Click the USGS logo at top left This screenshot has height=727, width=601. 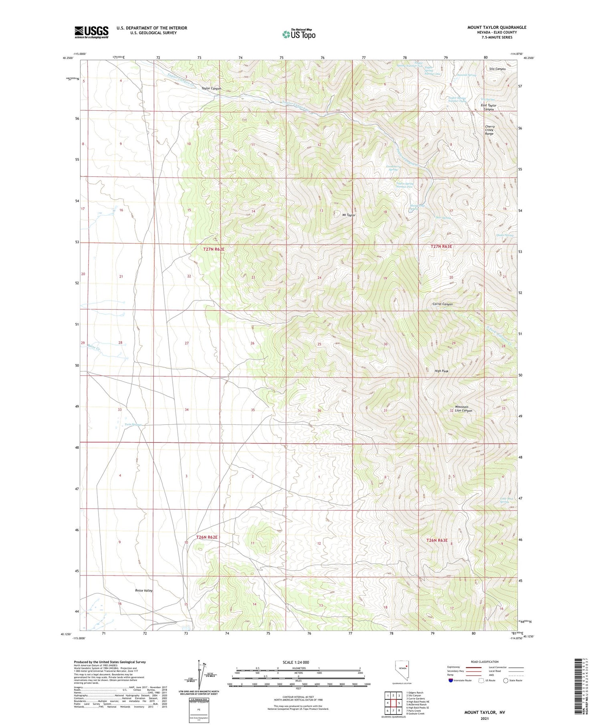tap(91, 32)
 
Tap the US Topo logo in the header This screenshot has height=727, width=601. tap(298, 34)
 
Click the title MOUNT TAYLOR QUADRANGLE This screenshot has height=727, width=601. tap(496, 27)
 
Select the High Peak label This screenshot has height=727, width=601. tap(442, 371)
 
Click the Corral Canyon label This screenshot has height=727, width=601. tap(442, 304)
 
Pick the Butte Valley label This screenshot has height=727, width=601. tap(143, 591)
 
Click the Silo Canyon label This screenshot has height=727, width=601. tap(497, 69)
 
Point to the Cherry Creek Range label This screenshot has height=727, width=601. tap(490, 130)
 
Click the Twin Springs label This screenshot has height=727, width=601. tap(133, 424)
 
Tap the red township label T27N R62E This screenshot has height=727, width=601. tap(214, 249)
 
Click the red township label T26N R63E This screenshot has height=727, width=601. tap(437, 540)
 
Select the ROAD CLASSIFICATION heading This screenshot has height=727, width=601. tap(484, 662)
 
